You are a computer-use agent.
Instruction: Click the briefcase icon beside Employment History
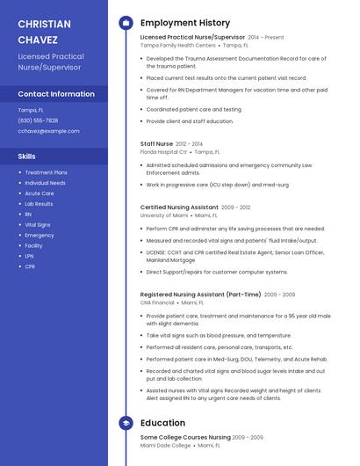click(x=126, y=22)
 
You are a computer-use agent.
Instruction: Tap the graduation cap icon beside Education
click(x=126, y=423)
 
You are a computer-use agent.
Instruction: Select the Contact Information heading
click(x=56, y=93)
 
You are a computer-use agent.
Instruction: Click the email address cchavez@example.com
click(x=48, y=130)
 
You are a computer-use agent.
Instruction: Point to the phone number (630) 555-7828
click(x=38, y=120)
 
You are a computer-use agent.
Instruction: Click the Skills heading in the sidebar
click(x=26, y=156)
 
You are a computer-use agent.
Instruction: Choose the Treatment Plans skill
click(x=46, y=172)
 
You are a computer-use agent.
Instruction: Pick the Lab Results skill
click(x=39, y=204)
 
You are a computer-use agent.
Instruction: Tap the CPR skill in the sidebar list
click(x=30, y=266)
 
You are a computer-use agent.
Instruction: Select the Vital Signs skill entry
click(x=38, y=225)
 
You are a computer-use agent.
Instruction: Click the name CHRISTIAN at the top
click(x=45, y=24)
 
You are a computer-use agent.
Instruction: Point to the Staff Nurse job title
click(x=157, y=143)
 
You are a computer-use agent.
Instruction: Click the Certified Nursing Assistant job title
click(x=179, y=208)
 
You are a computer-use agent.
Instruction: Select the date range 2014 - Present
click(x=266, y=38)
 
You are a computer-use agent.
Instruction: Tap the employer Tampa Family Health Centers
click(x=177, y=45)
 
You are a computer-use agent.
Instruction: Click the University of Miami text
click(x=164, y=215)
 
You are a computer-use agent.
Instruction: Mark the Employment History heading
click(x=185, y=23)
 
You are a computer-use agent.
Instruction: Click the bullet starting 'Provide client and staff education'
click(x=190, y=121)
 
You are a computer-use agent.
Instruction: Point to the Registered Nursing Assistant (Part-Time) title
click(x=200, y=295)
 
